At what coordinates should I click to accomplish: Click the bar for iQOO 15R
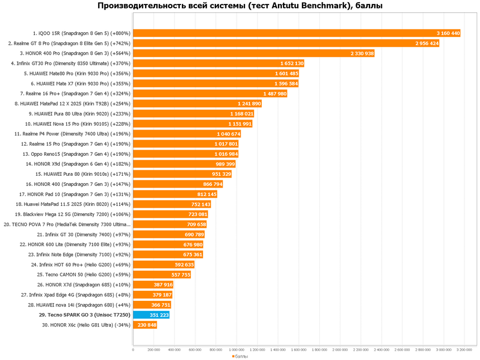[296, 33]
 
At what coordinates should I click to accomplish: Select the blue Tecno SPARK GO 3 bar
[151, 315]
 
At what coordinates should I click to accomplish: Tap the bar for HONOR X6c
[145, 325]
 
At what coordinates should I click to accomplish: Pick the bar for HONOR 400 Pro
[253, 53]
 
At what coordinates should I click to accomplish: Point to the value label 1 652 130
[291, 63]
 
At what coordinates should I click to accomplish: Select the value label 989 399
[225, 164]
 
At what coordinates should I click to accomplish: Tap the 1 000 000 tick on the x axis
[237, 350]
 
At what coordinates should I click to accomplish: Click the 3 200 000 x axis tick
[464, 350]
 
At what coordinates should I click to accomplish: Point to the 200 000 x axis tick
[153, 350]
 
